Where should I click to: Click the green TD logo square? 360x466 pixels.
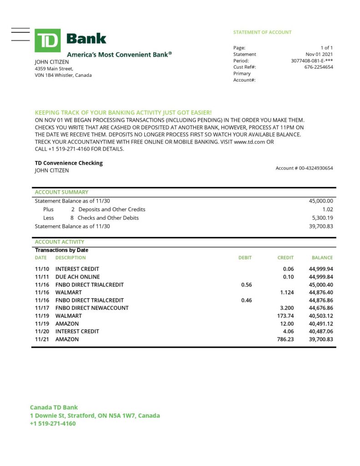(x=47, y=41)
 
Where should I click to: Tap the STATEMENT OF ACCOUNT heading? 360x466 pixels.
(x=262, y=32)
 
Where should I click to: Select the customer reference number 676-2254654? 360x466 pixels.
(x=319, y=67)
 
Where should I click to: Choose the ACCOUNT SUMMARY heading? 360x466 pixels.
(x=61, y=192)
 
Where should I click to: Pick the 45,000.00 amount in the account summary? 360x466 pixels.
(x=321, y=201)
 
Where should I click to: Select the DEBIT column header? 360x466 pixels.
(x=245, y=258)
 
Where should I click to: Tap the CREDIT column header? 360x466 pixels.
(x=285, y=258)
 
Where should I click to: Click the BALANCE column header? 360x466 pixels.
(x=322, y=258)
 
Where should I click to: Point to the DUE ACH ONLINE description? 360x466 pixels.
(x=77, y=277)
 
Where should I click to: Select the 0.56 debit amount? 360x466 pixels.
(x=246, y=284)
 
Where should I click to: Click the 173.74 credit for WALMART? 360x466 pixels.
(x=285, y=315)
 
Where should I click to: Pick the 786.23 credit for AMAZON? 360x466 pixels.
(x=285, y=339)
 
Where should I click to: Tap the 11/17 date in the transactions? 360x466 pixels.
(x=41, y=308)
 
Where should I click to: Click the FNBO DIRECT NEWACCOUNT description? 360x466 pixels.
(x=92, y=308)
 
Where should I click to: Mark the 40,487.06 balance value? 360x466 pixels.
(x=321, y=331)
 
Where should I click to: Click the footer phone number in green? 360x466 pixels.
(x=53, y=423)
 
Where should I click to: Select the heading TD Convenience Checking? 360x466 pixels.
(x=69, y=163)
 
